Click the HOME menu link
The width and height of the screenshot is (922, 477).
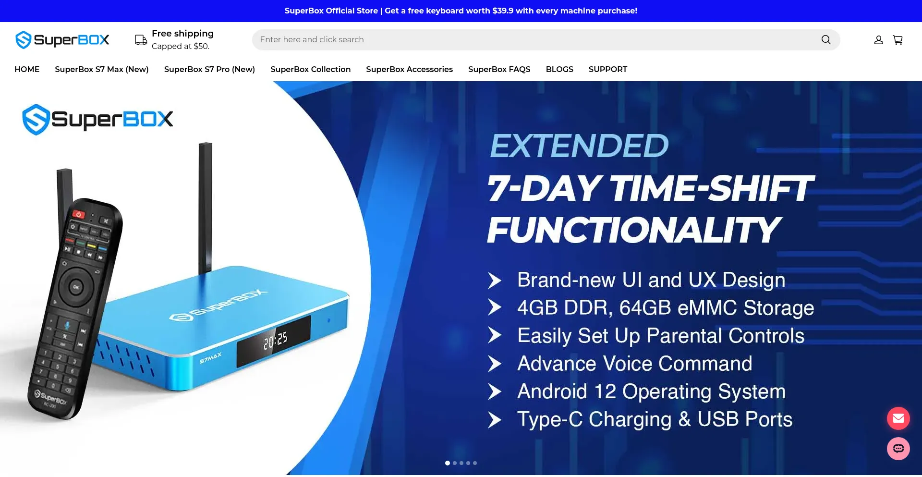(x=27, y=69)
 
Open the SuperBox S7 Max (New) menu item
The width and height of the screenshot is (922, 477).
(x=102, y=69)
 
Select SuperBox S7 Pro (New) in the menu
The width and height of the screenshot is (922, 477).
(x=209, y=69)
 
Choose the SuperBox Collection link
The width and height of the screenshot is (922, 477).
(x=311, y=69)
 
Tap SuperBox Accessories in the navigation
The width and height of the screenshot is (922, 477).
(x=410, y=69)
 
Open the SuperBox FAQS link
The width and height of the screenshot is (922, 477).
(x=499, y=69)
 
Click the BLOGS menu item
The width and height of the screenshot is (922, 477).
(x=559, y=69)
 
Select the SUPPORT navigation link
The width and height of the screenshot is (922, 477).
(x=608, y=69)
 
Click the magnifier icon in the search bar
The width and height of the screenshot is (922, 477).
(x=826, y=40)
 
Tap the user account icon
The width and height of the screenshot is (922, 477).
(x=879, y=40)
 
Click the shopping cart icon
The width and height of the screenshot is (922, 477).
(x=898, y=40)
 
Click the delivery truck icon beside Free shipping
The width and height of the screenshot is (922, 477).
(x=141, y=40)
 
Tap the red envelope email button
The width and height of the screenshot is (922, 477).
(x=898, y=418)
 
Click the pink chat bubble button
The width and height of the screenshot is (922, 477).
(x=898, y=449)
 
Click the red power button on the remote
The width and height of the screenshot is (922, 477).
(x=78, y=214)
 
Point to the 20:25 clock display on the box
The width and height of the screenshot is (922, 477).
(x=276, y=340)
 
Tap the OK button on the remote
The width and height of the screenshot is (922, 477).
(x=75, y=287)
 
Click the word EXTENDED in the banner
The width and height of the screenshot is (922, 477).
(x=579, y=146)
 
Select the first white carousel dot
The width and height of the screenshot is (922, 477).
(x=448, y=463)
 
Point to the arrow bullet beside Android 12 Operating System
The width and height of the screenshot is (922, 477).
(x=495, y=391)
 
